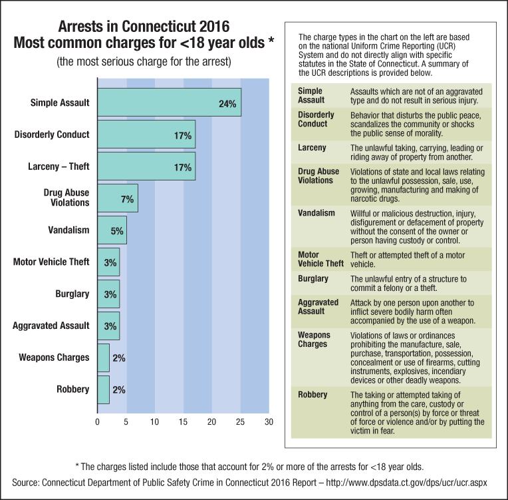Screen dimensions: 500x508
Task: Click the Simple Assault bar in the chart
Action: click(x=169, y=103)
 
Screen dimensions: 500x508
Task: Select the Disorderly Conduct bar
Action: click(x=146, y=134)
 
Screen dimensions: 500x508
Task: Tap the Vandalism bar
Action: click(x=112, y=230)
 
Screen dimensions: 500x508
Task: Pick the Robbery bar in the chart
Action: click(x=103, y=389)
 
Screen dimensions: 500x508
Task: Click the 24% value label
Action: click(x=227, y=104)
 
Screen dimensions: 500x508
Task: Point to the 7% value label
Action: click(x=128, y=198)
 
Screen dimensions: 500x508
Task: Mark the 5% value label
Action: click(x=116, y=230)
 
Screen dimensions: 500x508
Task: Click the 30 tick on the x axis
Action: click(x=269, y=422)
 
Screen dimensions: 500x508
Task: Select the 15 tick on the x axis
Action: click(x=183, y=422)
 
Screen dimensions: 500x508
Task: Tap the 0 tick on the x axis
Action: click(x=98, y=422)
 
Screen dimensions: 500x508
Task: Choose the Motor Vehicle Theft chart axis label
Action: click(x=51, y=262)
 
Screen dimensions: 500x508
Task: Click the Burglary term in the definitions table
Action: click(x=313, y=278)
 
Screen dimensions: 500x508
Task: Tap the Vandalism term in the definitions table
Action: click(x=317, y=213)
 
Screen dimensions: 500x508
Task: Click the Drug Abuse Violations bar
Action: click(x=118, y=198)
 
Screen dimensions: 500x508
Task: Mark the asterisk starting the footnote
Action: click(x=78, y=463)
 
